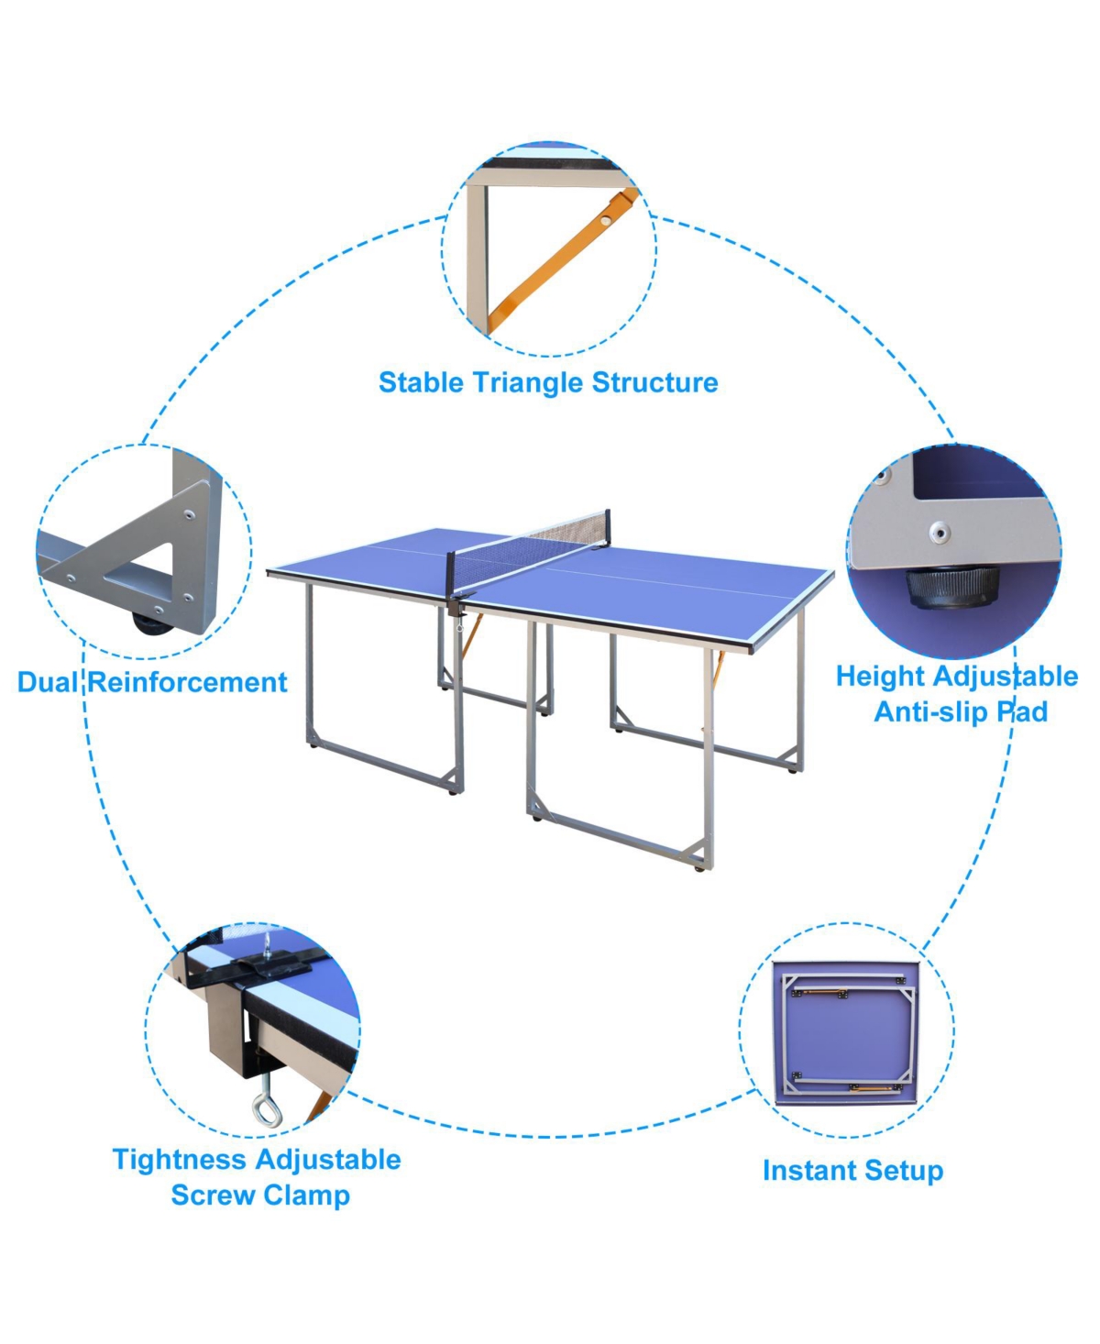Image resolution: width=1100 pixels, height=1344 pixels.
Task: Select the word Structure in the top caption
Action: [655, 383]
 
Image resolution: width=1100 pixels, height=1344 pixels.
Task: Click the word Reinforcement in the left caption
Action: [187, 682]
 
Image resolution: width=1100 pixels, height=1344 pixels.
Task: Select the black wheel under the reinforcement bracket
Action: [152, 622]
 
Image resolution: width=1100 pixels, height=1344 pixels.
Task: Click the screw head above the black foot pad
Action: [940, 531]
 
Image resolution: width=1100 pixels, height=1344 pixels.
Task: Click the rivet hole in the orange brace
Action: [605, 220]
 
